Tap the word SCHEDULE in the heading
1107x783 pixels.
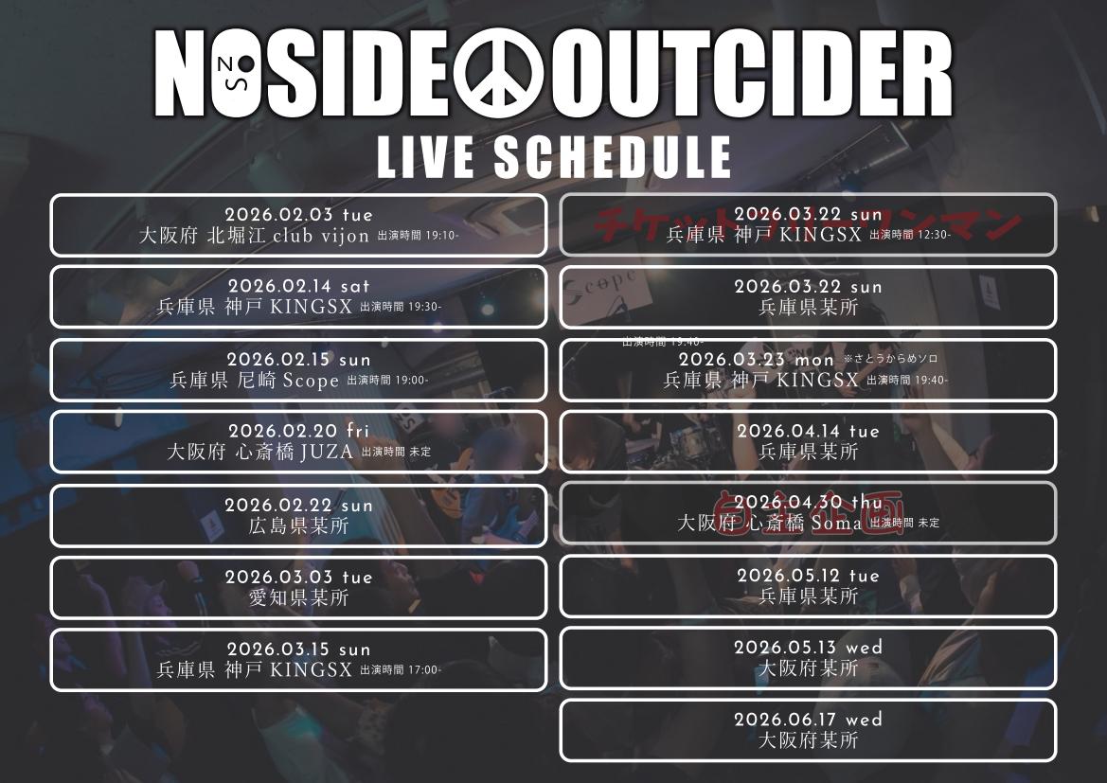click(612, 157)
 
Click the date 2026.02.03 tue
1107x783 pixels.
click(298, 215)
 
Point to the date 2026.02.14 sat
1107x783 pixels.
click(298, 286)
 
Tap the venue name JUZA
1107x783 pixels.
click(327, 453)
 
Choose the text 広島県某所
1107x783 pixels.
click(298, 526)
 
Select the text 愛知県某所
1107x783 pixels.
click(298, 598)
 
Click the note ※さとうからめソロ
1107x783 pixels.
click(890, 359)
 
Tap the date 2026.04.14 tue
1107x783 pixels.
click(808, 432)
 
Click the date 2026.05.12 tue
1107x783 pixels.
click(808, 576)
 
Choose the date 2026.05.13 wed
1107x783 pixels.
click(808, 648)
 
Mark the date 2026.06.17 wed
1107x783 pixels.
click(808, 720)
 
